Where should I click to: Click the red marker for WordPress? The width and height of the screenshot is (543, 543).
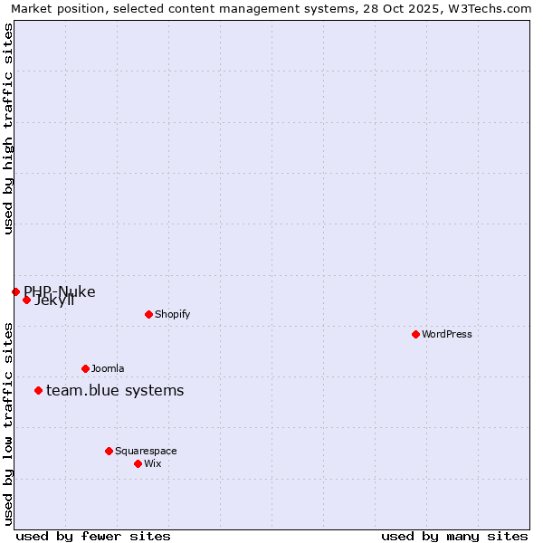415,334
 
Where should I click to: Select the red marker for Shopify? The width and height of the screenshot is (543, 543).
148,314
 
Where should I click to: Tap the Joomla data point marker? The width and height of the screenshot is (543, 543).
85,368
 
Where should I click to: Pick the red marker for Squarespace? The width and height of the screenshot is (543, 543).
109,451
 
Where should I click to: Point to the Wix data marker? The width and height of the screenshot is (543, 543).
138,463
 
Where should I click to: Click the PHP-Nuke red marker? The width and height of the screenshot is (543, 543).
15,291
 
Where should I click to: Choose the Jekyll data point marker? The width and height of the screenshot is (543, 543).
26,300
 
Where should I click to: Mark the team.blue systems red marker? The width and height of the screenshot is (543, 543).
38,390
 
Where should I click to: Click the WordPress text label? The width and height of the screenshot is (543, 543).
447,334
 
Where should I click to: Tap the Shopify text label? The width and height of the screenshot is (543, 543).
172,314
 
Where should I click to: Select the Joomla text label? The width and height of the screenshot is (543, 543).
108,368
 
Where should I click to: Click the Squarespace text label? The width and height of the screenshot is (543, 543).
146,451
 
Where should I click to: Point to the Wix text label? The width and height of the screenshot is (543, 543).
152,463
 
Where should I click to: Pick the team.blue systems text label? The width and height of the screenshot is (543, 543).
115,390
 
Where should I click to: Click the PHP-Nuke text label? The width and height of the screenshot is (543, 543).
60,291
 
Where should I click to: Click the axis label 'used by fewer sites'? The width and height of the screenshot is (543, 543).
93,536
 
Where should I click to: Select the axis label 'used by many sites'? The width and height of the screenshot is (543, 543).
454,536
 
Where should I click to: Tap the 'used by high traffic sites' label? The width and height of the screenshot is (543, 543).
8,129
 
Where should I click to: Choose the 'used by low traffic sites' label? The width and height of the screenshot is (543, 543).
8,424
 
